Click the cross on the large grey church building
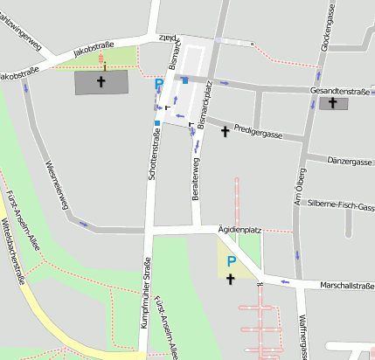(101, 82)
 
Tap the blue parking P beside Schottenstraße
(159, 85)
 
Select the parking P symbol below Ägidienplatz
(231, 260)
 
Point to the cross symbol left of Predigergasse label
(226, 131)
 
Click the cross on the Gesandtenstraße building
(333, 102)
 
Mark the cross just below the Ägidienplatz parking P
(231, 279)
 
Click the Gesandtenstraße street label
(339, 91)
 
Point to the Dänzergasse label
(350, 162)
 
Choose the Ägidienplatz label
(240, 228)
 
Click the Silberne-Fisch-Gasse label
(342, 206)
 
